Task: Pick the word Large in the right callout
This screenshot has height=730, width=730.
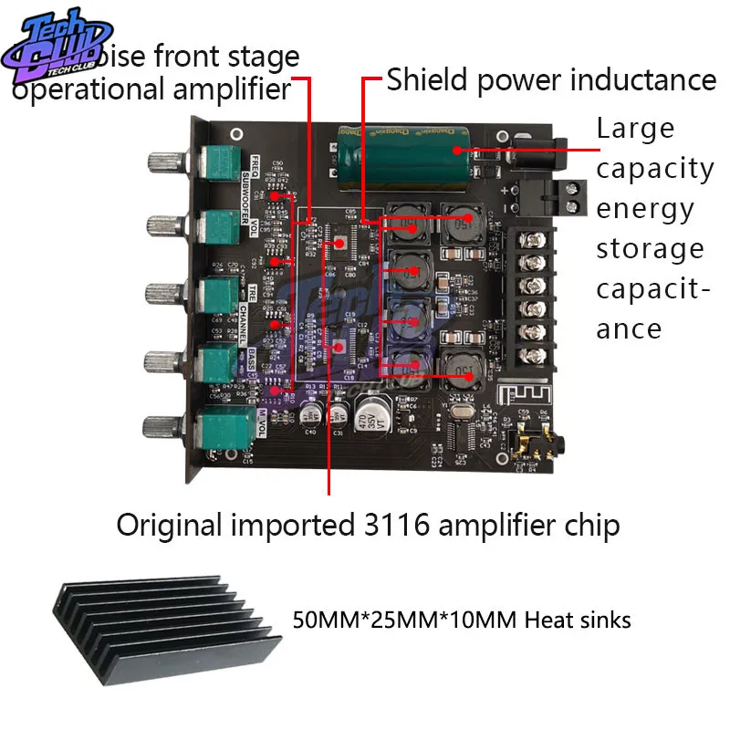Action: click(x=635, y=129)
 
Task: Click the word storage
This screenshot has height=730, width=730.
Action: click(x=650, y=249)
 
